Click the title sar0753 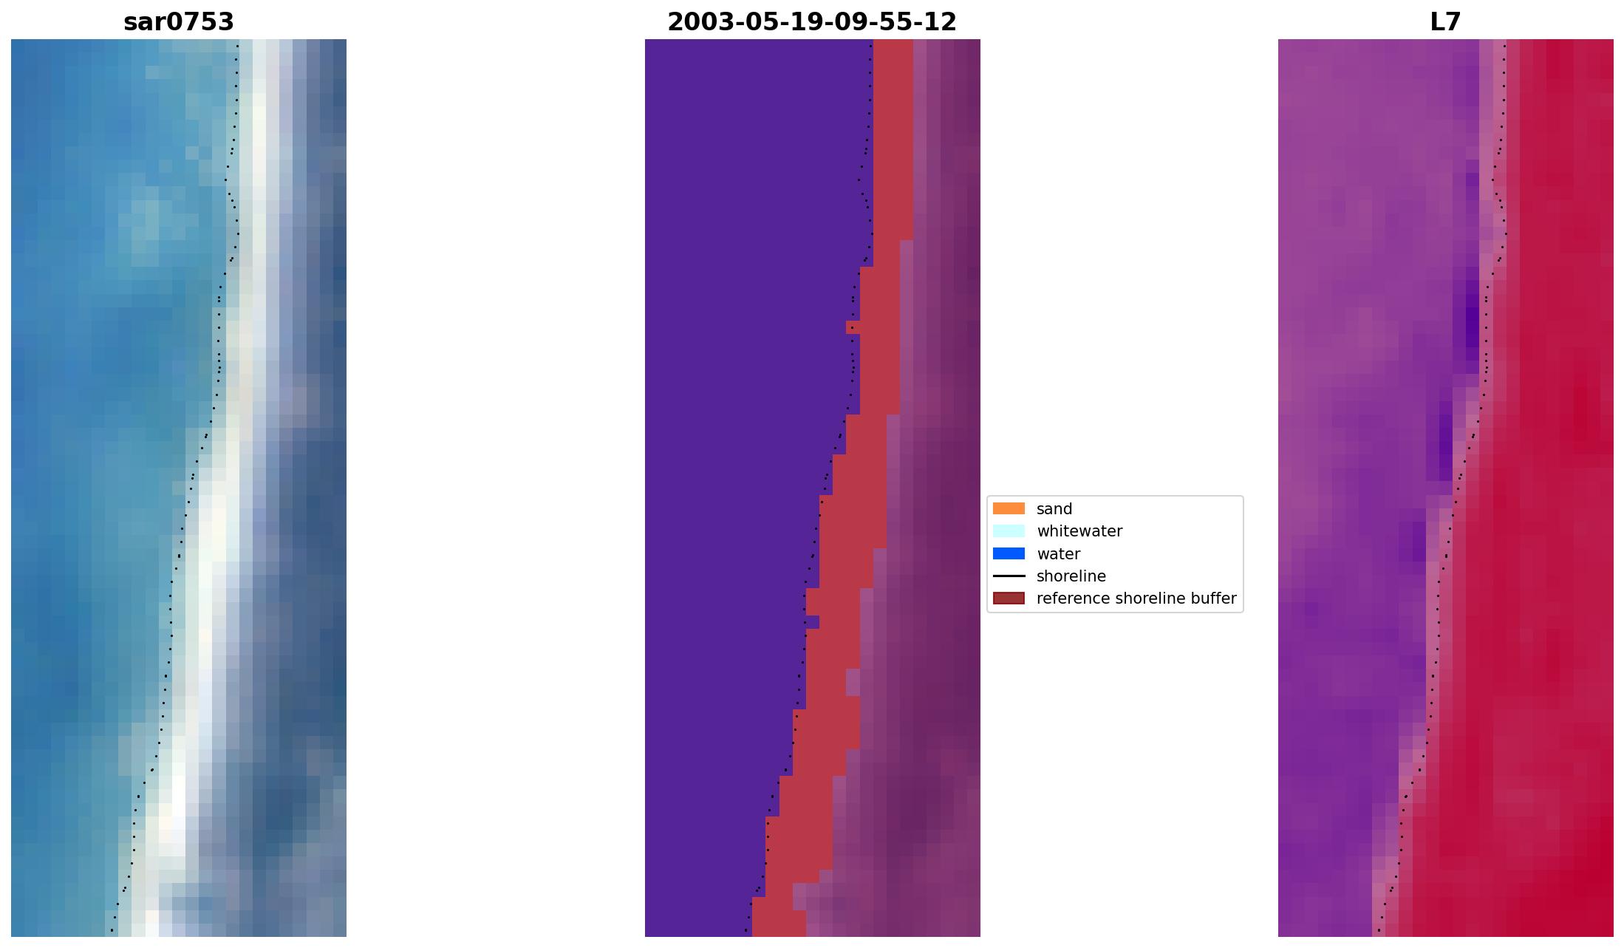pos(179,22)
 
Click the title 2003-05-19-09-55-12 pos(812,22)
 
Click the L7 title pos(1445,22)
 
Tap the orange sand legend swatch pos(1009,508)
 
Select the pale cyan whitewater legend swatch pos(1009,531)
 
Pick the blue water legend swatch pos(1009,553)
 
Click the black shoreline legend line pos(1009,576)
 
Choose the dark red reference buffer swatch pos(1009,598)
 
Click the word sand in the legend pos(1054,509)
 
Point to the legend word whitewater pos(1079,531)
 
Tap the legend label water pos(1058,554)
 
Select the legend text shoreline pos(1071,576)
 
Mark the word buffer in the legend pos(1212,599)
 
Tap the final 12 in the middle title pos(943,22)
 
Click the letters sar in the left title pos(146,22)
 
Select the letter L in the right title pos(1437,22)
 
